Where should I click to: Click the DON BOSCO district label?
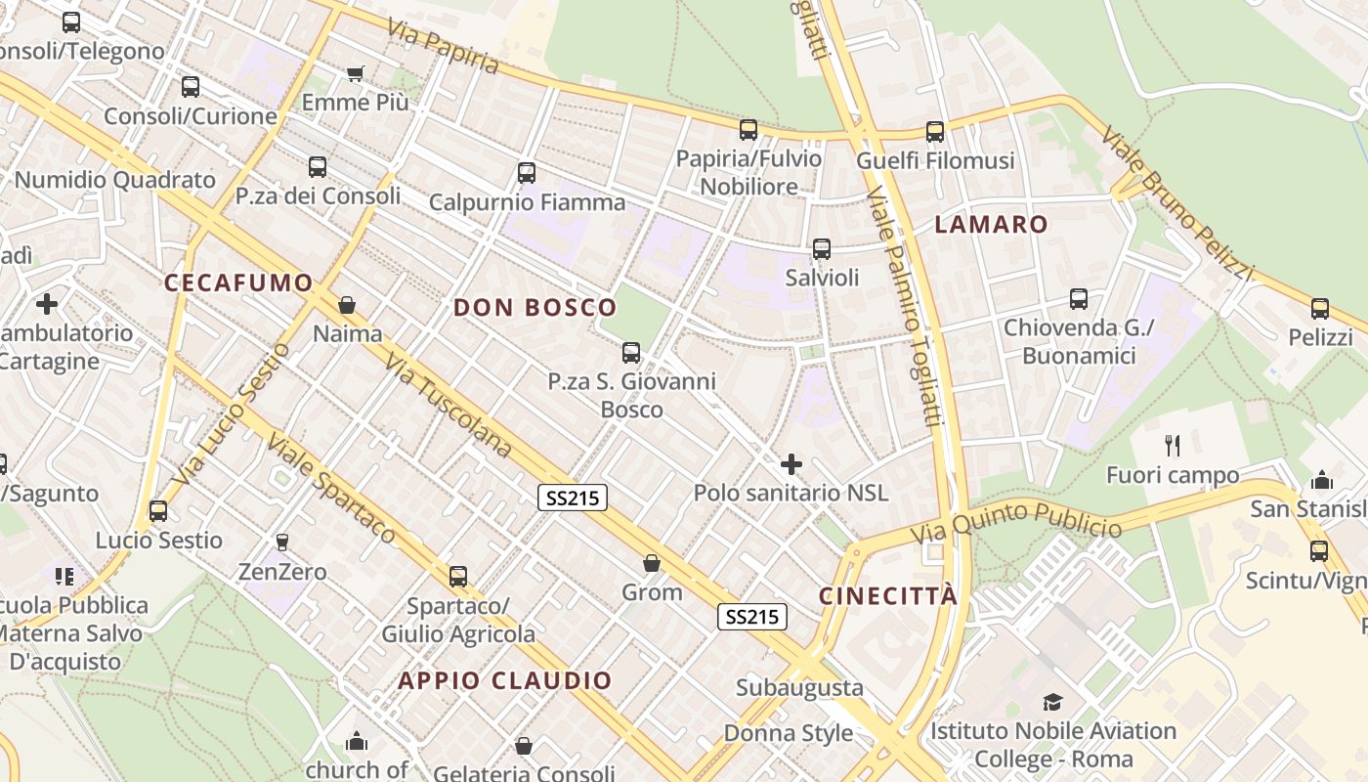tap(535, 308)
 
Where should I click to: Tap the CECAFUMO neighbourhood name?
tap(238, 283)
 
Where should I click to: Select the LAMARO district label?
tap(991, 224)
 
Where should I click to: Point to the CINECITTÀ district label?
tap(888, 596)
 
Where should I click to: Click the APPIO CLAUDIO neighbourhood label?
tap(505, 680)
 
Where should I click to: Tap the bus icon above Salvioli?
tap(822, 249)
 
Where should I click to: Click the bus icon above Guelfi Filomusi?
tap(935, 132)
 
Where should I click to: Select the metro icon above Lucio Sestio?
tap(157, 511)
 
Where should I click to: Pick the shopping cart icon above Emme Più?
tap(356, 74)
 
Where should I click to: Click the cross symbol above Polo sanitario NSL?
tap(791, 464)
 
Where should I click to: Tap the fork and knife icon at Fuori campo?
tap(1173, 447)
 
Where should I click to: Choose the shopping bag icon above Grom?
tap(652, 564)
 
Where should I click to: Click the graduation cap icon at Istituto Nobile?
tap(1052, 702)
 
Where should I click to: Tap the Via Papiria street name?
tap(443, 45)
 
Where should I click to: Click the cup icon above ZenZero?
tap(282, 542)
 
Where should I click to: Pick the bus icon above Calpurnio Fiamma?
tap(527, 173)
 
